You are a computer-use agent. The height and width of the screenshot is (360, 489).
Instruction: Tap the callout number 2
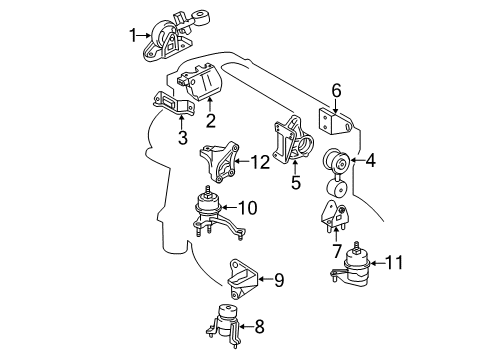[x=211, y=122]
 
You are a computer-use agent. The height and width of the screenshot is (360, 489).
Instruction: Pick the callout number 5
[x=295, y=183]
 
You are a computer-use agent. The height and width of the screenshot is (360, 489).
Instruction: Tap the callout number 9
[x=279, y=280]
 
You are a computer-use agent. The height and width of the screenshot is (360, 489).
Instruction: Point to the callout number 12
[x=261, y=162]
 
